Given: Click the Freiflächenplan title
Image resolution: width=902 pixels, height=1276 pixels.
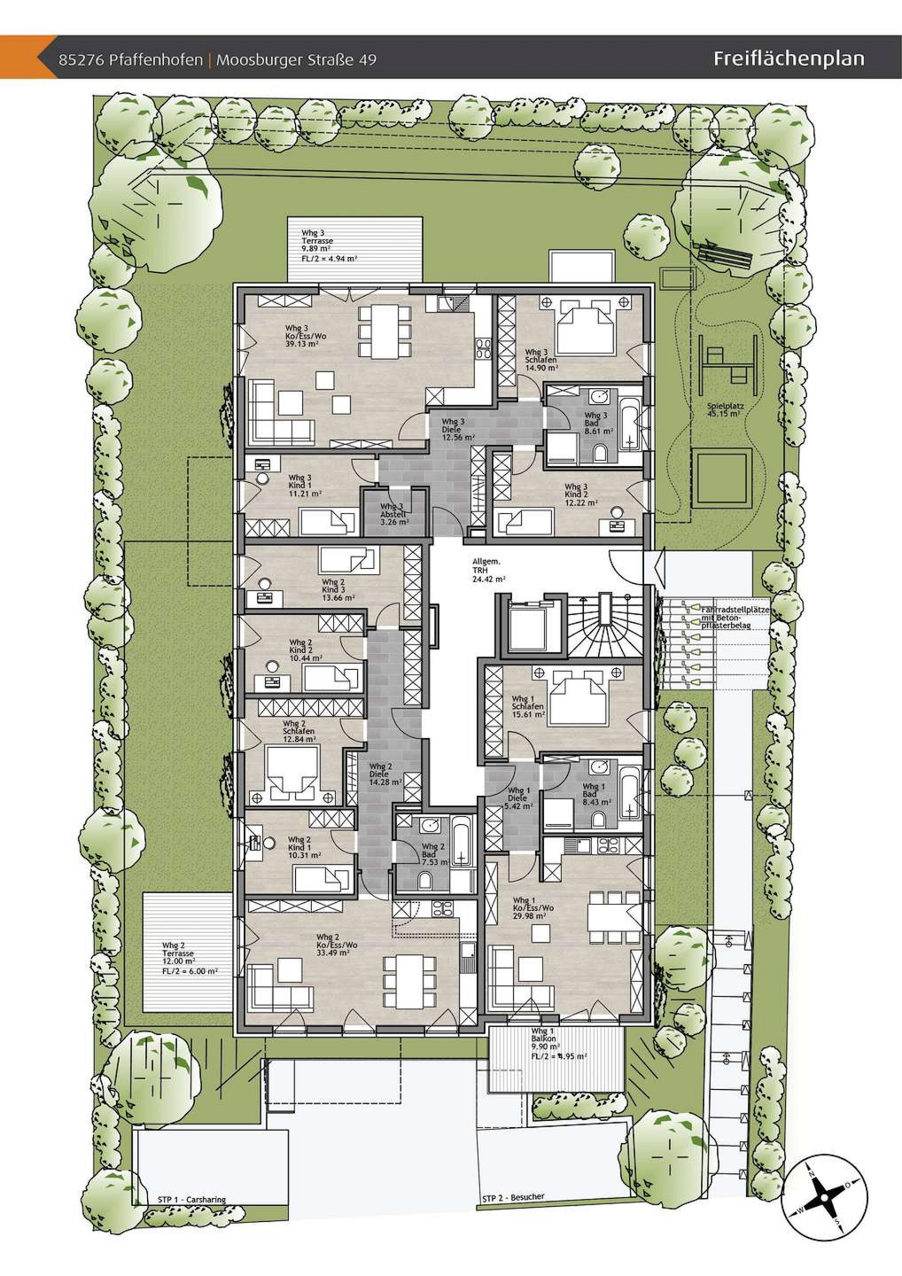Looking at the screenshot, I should pyautogui.click(x=789, y=58).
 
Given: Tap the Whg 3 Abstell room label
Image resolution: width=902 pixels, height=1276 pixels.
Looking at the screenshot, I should pyautogui.click(x=394, y=514).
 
